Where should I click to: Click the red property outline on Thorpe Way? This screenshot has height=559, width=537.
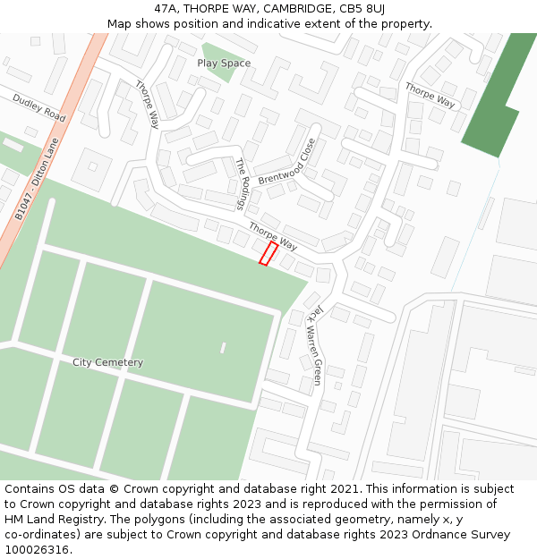point(268,253)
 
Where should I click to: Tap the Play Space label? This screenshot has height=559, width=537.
point(224,64)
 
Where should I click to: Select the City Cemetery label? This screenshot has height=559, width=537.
point(107,362)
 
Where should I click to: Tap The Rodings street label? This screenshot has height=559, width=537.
point(241,184)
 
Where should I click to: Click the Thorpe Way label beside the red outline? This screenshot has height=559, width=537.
point(273,236)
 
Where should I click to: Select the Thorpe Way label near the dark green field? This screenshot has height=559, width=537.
point(430,95)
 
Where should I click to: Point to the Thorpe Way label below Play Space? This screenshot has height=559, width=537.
point(147,104)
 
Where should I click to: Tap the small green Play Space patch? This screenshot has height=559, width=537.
point(217,59)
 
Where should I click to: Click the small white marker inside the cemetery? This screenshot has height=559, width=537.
point(223,347)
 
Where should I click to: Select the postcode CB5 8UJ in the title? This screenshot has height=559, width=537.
point(362,9)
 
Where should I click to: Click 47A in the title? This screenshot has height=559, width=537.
point(167,9)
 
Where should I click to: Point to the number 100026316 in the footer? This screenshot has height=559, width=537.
point(35,550)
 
